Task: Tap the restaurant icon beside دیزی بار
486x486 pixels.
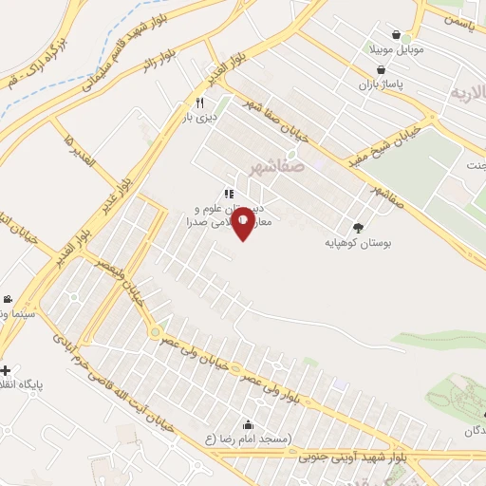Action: pos(199,103)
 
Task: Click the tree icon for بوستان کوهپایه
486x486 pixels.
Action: pos(358,227)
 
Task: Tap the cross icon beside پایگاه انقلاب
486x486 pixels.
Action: pos(6,370)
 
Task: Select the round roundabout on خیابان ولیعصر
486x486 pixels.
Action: pos(154,332)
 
